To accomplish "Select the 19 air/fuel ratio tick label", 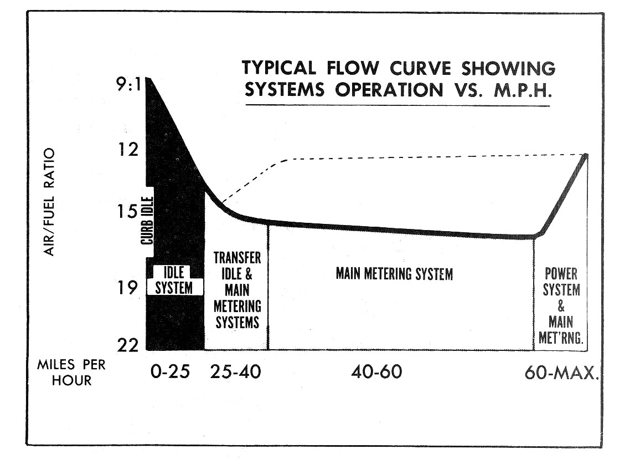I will [x=128, y=288].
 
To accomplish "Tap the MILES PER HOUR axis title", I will [x=71, y=373].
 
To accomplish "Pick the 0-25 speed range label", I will [x=170, y=371].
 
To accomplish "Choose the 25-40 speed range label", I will [x=235, y=371].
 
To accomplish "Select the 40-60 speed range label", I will [x=376, y=371].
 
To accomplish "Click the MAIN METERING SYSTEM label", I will [x=394, y=274].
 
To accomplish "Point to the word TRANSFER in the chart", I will [x=237, y=259].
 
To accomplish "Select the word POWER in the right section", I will [x=561, y=274].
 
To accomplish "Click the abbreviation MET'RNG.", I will [x=561, y=338].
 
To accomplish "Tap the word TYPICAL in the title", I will [x=278, y=68].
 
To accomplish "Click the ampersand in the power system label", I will [x=561, y=306].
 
